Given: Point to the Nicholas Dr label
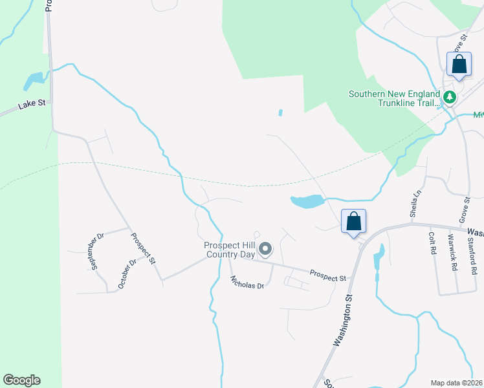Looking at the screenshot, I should [247, 282].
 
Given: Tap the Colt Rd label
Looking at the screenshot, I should [432, 247].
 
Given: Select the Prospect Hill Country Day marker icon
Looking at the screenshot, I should [265, 248].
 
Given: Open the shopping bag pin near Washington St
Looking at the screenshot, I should [353, 222].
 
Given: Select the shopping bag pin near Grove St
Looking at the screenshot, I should [459, 65].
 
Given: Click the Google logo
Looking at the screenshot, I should [21, 380].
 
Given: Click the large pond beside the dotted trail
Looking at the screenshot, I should [307, 202].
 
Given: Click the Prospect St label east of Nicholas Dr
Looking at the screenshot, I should [327, 277].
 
